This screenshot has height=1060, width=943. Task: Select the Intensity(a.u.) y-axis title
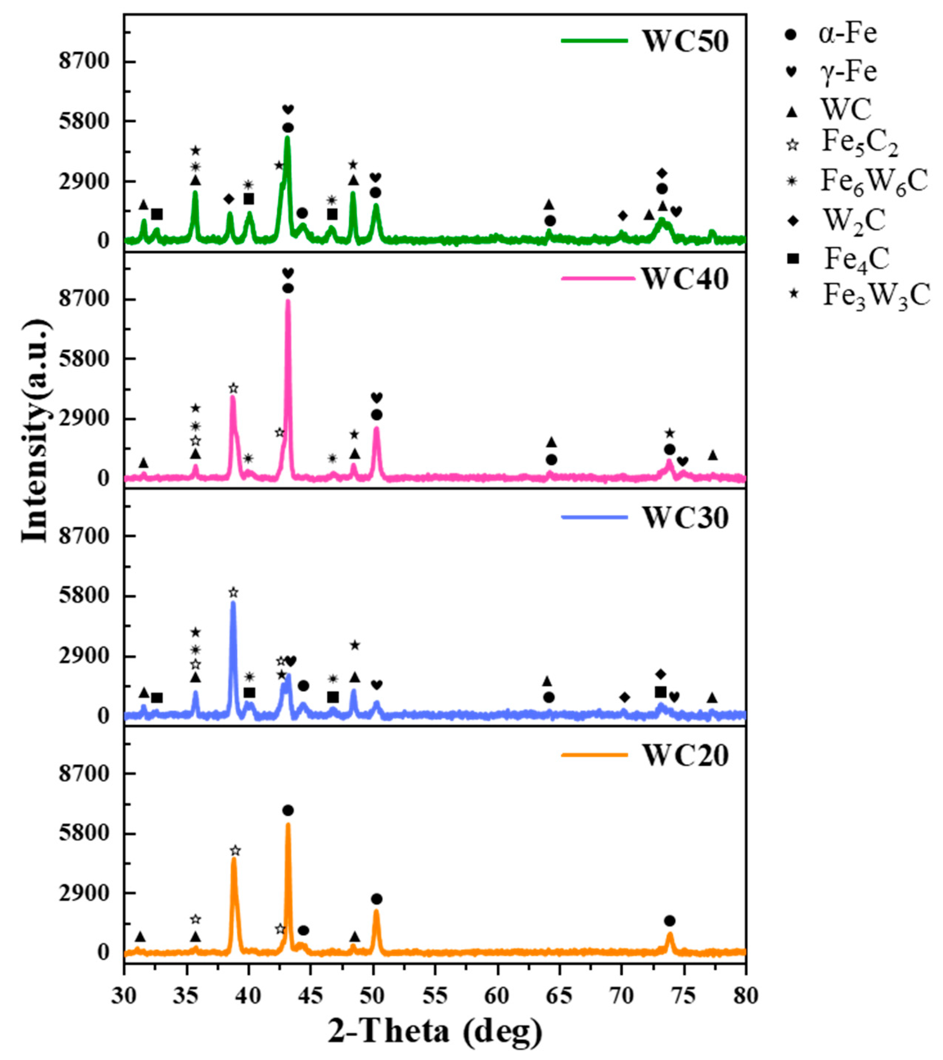pos(36,430)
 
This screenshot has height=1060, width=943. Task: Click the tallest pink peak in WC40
pos(288,301)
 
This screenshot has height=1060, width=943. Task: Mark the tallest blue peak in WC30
pos(233,603)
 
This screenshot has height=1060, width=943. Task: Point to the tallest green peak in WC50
pos(287,137)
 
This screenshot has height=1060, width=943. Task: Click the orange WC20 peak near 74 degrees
pos(669,934)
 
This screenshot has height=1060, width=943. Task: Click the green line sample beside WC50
pos(594,41)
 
